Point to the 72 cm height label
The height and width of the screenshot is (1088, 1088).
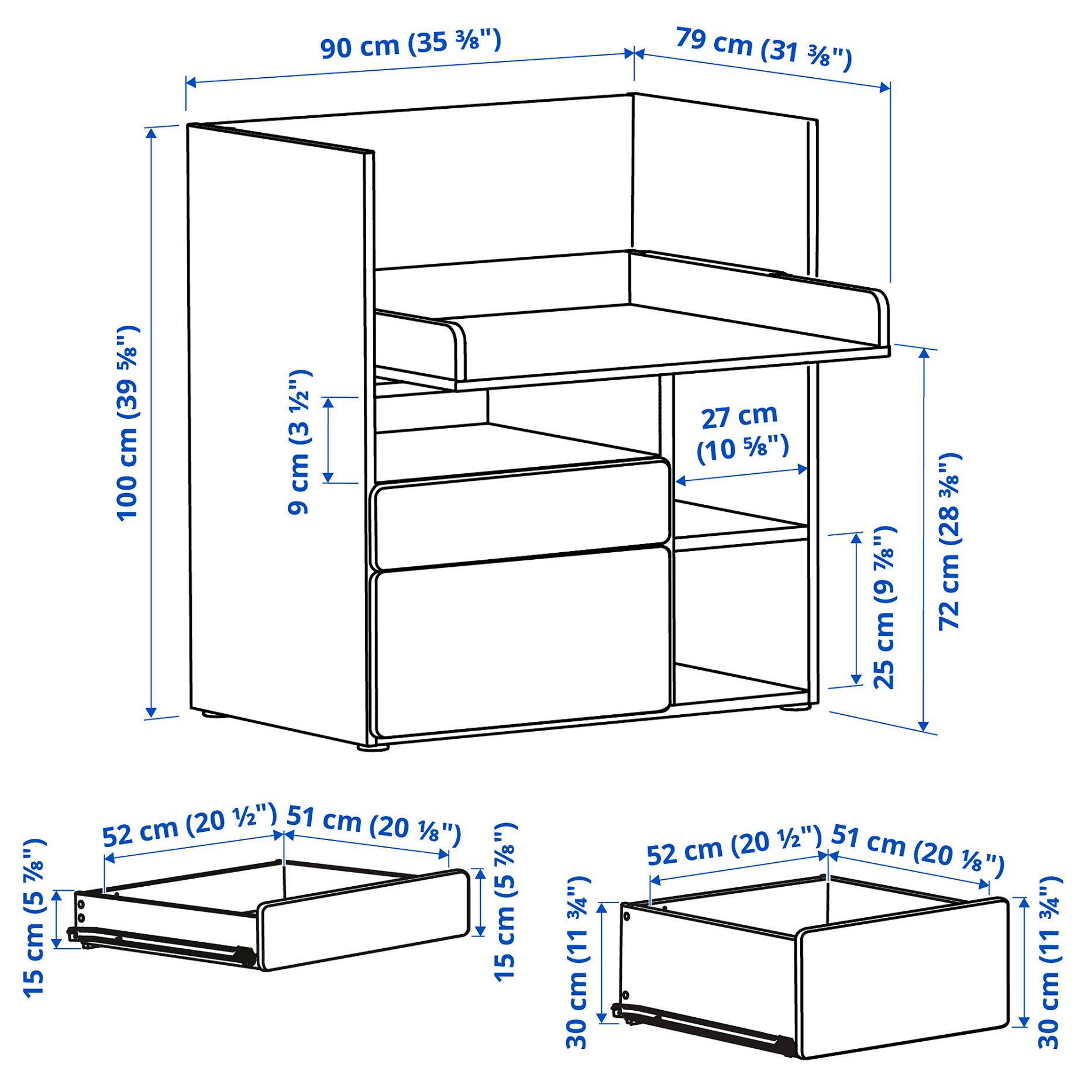(x=950, y=541)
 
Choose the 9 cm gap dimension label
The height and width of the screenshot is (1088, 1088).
(x=299, y=442)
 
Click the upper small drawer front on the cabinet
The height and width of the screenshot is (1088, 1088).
(x=521, y=514)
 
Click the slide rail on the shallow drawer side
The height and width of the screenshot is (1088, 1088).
(x=164, y=945)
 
